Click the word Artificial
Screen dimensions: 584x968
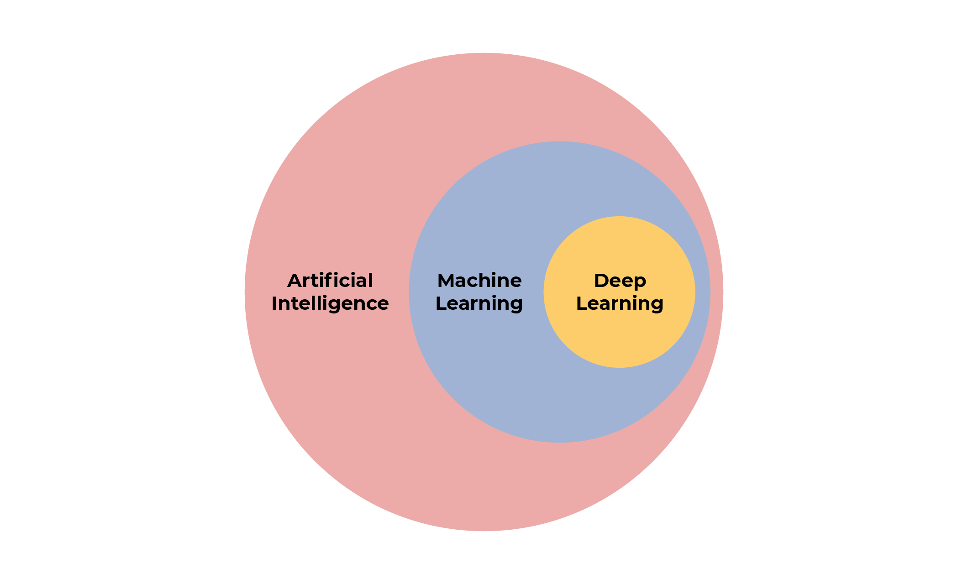click(x=330, y=281)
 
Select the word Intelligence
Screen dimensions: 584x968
click(x=330, y=303)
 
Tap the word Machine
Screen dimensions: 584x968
click(x=479, y=281)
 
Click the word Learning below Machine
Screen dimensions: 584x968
click(x=479, y=303)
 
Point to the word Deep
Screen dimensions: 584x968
click(x=620, y=281)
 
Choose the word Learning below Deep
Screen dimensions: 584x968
click(x=620, y=303)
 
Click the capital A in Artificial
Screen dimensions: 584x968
click(x=295, y=281)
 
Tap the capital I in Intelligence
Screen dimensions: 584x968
click(x=274, y=303)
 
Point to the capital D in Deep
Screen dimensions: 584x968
click(x=601, y=281)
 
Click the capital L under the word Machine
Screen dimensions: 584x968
click(x=441, y=303)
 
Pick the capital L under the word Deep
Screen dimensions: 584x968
click(x=581, y=303)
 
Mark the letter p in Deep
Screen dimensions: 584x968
click(x=640, y=283)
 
